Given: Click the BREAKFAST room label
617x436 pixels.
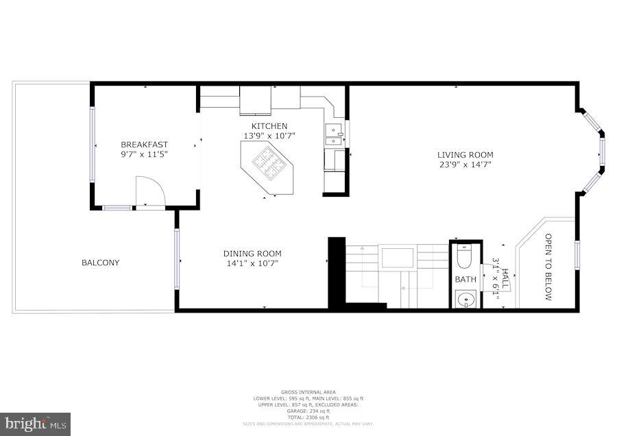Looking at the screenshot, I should point(144,144).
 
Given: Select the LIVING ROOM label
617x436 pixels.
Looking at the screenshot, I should point(465,155).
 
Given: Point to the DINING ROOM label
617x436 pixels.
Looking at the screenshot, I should point(252,253).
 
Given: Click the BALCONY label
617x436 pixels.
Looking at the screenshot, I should point(100,263).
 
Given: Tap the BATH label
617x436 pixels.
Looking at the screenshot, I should point(465,280).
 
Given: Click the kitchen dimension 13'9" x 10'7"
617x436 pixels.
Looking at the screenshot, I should point(269,136).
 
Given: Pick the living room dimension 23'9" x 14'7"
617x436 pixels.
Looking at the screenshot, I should point(465,165).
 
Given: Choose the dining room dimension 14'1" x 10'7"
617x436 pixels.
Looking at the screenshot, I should point(252,263).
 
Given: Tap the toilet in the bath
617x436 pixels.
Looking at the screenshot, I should point(465,256).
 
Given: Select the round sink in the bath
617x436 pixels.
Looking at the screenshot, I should point(465,299).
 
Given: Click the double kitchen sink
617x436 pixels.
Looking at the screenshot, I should point(333,134).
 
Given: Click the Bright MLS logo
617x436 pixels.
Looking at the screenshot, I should point(36,424).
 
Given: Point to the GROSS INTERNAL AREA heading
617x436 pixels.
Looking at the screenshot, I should point(308,392).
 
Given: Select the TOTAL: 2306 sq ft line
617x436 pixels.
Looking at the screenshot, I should point(308,417).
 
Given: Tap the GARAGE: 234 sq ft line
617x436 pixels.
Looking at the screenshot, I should point(308,411).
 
